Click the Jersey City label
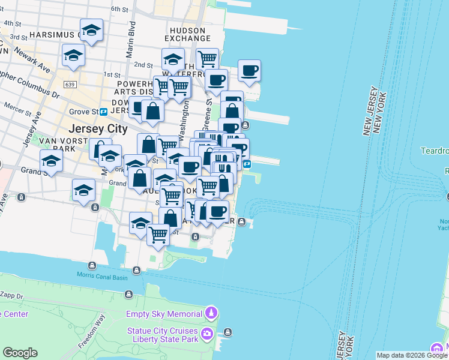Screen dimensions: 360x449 (x=98, y=128)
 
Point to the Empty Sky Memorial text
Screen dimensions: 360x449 (x=163, y=314)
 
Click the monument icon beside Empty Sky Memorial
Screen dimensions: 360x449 (x=211, y=313)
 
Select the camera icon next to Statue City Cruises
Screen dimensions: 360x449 (x=207, y=334)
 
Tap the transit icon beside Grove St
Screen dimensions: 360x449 (x=104, y=112)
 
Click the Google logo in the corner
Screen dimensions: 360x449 (x=20, y=353)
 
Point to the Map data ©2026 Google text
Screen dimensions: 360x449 (x=411, y=355)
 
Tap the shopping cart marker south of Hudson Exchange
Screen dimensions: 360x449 (x=206, y=58)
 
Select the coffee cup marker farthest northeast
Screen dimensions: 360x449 (x=249, y=70)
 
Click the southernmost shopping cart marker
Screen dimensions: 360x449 (x=158, y=233)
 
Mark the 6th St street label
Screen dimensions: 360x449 (x=120, y=10)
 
